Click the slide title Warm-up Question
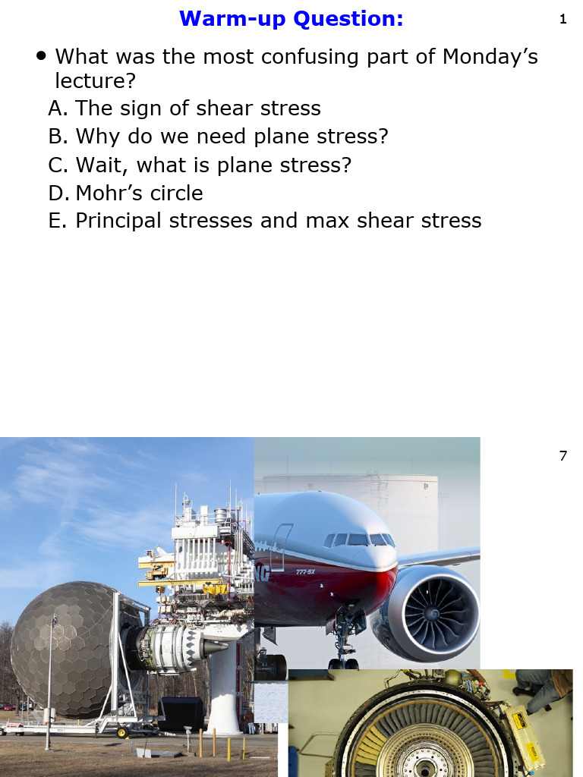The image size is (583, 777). click(x=291, y=18)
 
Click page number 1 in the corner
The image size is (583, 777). click(x=563, y=20)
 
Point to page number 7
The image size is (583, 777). click(x=563, y=456)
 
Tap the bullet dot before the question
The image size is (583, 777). click(x=41, y=56)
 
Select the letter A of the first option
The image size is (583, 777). click(x=57, y=109)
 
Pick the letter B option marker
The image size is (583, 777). click(x=57, y=137)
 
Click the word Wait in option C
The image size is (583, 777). click(x=101, y=165)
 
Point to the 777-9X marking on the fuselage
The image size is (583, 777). click(x=305, y=571)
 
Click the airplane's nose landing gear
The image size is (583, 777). click(x=343, y=645)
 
